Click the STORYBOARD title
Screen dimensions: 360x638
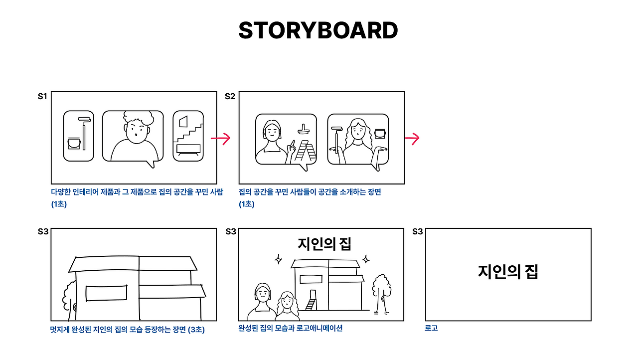tap(318, 31)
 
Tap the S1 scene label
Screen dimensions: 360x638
tap(42, 97)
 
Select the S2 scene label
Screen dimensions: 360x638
tap(230, 97)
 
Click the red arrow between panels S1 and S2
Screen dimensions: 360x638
tap(221, 139)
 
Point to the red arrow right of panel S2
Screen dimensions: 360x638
tap(411, 139)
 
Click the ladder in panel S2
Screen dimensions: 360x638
tap(305, 152)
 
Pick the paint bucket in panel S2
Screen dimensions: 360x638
tap(380, 134)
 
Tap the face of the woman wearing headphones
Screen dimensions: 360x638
tap(272, 133)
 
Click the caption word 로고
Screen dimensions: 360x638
tap(431, 329)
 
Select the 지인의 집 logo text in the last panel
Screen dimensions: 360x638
tap(508, 272)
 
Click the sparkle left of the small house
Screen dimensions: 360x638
tap(279, 259)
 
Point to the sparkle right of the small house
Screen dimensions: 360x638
tap(366, 259)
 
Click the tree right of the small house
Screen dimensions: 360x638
tap(381, 292)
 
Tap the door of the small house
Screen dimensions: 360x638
tap(313, 294)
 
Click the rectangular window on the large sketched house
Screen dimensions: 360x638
tap(106, 294)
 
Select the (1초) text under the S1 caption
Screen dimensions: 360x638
tap(59, 204)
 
